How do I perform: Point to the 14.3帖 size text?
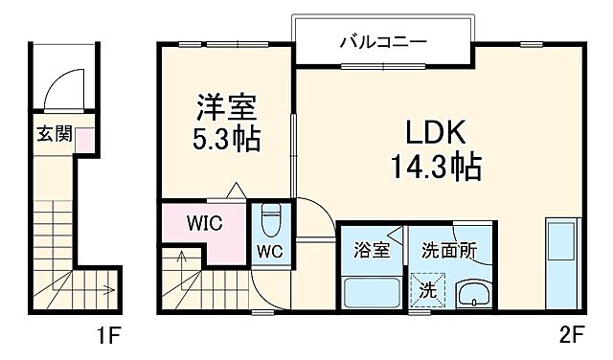[x=435, y=169]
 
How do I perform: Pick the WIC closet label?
[x=204, y=225]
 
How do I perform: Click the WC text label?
[x=268, y=253]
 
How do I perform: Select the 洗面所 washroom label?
[x=449, y=251]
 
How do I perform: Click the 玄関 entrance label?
[x=55, y=133]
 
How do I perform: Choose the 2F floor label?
[x=572, y=337]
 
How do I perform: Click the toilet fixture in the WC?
[x=269, y=221]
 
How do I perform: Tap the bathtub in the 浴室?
[x=372, y=292]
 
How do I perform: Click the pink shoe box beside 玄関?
[x=85, y=140]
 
